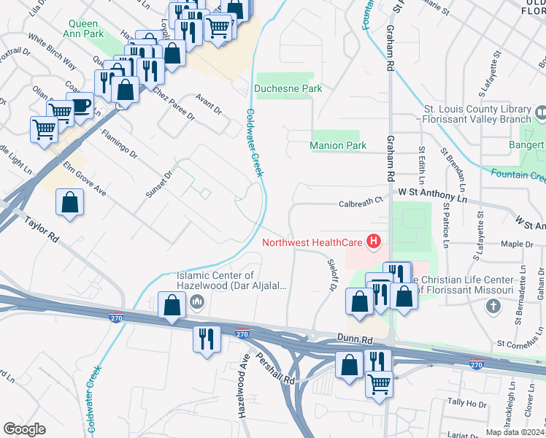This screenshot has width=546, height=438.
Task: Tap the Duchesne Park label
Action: click(x=288, y=88)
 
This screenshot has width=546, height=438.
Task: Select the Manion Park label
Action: click(x=338, y=145)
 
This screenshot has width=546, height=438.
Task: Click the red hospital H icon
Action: click(x=374, y=242)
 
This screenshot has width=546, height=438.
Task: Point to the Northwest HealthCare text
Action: click(x=312, y=242)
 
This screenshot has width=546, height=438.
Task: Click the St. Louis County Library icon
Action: click(x=541, y=114)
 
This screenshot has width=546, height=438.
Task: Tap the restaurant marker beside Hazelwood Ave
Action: click(x=206, y=339)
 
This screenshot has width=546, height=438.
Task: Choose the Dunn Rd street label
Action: click(x=356, y=339)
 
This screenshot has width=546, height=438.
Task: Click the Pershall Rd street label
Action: click(x=274, y=369)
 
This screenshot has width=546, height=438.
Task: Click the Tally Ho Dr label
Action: click(x=466, y=402)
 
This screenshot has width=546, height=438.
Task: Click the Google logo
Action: click(x=24, y=429)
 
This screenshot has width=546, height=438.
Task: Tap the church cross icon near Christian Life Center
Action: click(x=493, y=306)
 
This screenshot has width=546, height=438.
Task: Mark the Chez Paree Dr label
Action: click(x=173, y=106)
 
